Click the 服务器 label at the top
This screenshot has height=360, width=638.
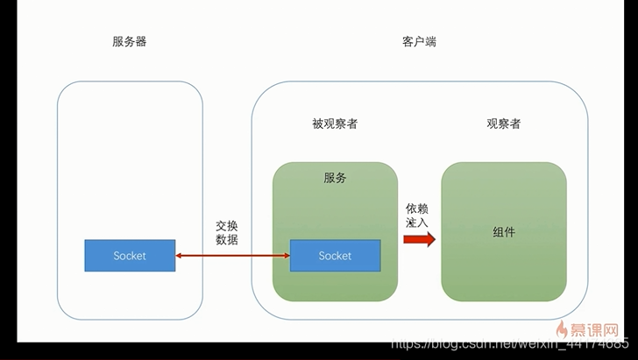click(x=130, y=41)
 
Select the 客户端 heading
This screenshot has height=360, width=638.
click(x=418, y=41)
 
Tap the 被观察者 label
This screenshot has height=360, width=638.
click(x=335, y=124)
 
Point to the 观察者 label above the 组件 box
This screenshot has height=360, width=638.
click(x=504, y=124)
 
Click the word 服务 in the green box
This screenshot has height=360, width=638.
click(x=335, y=178)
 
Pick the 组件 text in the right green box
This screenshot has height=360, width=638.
click(x=504, y=232)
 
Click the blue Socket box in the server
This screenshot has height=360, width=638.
click(x=130, y=256)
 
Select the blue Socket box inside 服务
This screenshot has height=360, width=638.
click(x=335, y=256)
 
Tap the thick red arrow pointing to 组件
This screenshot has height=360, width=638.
click(x=420, y=239)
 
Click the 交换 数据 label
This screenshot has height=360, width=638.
click(x=226, y=232)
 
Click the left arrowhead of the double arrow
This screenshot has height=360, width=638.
click(x=179, y=256)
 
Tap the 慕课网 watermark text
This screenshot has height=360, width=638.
click(x=599, y=330)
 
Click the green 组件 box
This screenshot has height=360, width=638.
click(x=504, y=263)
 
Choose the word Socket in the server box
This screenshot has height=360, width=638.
click(x=130, y=256)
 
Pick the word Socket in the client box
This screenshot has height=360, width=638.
click(x=335, y=256)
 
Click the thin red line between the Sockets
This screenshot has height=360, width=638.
click(x=232, y=256)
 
